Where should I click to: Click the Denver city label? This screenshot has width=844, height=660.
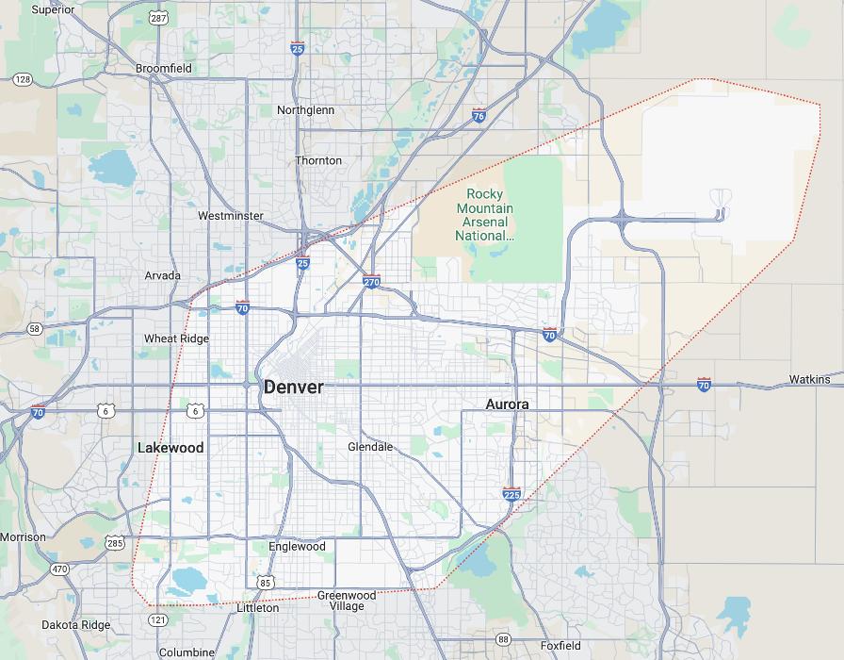coord(293,387)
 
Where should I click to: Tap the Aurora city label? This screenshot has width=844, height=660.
coord(507,404)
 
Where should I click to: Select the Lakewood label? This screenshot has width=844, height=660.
coord(170,448)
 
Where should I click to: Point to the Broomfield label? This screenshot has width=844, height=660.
coord(163,68)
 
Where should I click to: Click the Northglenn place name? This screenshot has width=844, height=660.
coord(305,110)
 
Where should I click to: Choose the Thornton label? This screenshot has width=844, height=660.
coord(318,160)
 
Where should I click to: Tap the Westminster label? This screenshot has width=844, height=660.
coord(230,216)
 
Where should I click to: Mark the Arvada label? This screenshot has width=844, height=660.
coord(163,276)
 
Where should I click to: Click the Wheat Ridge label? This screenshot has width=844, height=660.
coord(176,338)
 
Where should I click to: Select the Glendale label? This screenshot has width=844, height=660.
coord(370,446)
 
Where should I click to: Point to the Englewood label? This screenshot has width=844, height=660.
coord(297,546)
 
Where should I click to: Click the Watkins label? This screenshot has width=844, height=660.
coord(810,380)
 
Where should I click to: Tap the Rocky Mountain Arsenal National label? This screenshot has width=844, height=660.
coord(485,215)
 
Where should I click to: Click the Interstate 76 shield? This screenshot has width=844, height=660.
coord(479,115)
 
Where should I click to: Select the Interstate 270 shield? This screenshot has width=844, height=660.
coord(371,281)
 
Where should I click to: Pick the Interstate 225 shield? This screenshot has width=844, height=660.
coord(511,494)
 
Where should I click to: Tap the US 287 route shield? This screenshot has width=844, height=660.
coord(157,18)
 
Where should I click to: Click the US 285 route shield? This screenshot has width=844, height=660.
coord(115,543)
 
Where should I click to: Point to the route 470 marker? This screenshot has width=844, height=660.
coord(59,569)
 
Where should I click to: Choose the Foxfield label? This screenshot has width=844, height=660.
coord(560,646)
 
